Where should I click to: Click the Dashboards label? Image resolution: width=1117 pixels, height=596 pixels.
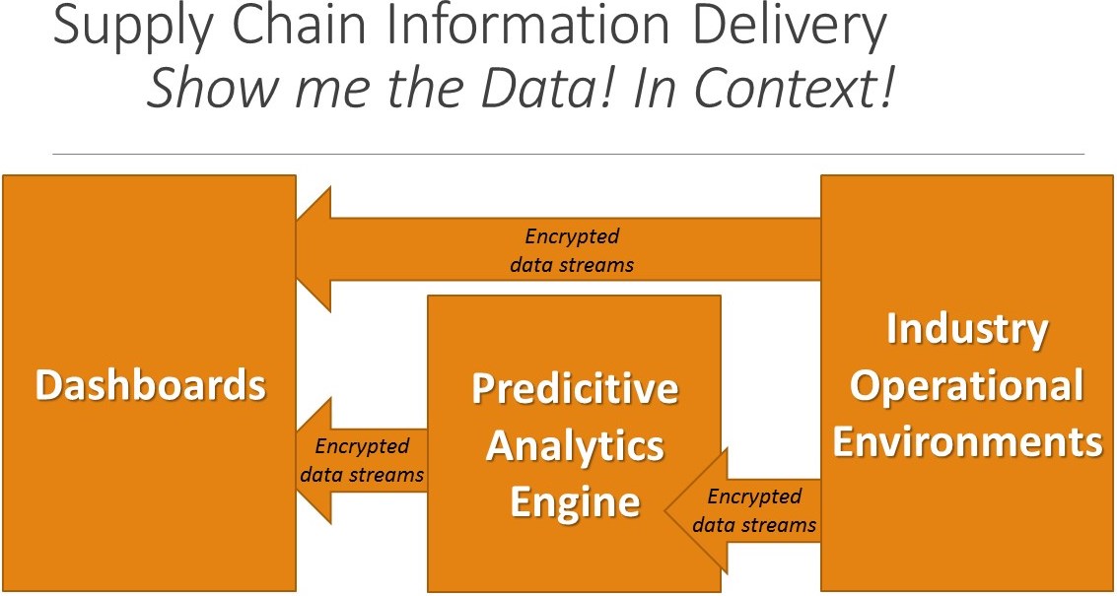point(151,384)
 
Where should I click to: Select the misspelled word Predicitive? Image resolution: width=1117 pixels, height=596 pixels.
point(575,388)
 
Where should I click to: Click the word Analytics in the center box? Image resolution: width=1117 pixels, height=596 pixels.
point(575,445)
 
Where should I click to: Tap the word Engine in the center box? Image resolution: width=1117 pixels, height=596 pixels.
point(575,503)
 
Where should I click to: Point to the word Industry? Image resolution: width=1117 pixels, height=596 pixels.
point(966,328)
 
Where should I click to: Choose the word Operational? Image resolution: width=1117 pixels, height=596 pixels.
point(966,385)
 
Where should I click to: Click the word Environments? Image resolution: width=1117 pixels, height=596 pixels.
point(966,440)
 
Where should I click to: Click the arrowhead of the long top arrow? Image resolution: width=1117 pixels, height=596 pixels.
point(314,249)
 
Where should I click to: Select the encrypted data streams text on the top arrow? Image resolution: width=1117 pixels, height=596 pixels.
point(572,250)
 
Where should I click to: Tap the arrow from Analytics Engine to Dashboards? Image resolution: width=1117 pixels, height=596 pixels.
point(361,461)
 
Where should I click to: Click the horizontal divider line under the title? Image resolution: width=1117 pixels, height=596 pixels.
point(567,154)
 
